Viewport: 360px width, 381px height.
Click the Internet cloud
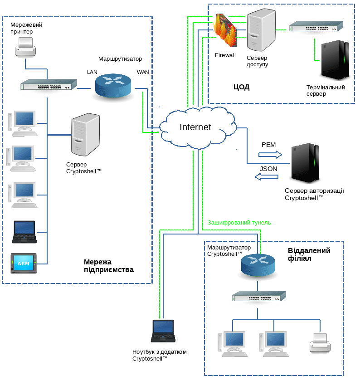point(196,127)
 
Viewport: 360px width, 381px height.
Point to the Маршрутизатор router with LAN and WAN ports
point(113,84)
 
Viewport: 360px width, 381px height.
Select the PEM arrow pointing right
point(270,154)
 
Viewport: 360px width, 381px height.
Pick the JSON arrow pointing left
point(267,177)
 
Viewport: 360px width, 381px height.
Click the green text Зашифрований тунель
point(239,223)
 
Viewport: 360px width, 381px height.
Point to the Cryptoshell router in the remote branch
point(258,265)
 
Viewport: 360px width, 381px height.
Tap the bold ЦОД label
point(242,87)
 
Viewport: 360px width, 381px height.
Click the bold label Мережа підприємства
point(109,266)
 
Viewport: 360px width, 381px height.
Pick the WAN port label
point(143,72)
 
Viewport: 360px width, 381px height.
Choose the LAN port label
point(92,72)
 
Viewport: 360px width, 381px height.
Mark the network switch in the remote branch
point(259,296)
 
